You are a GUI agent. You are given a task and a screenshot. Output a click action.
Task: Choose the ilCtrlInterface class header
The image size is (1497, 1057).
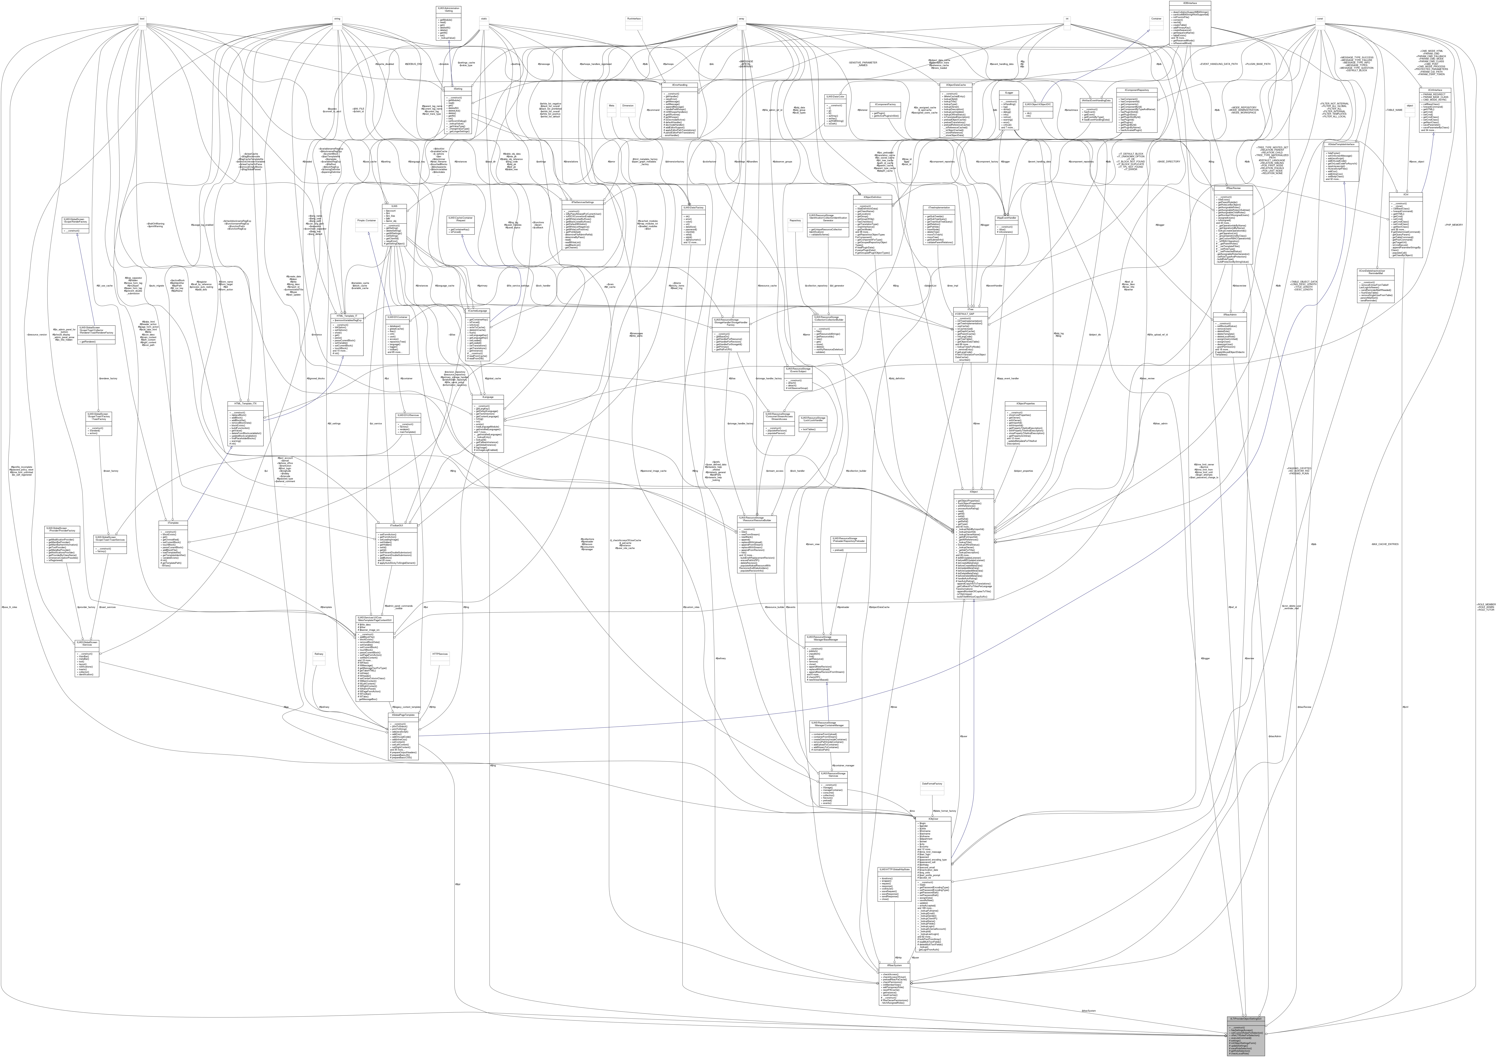point(1434,89)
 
